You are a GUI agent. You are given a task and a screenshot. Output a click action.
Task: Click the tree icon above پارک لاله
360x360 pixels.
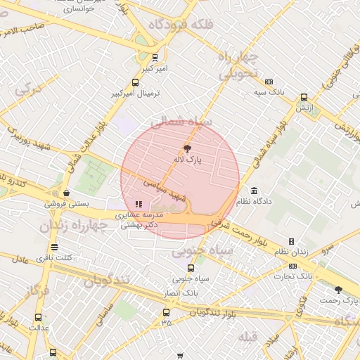pos(187,148)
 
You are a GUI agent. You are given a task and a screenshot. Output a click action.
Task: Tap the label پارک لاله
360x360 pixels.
pos(188,160)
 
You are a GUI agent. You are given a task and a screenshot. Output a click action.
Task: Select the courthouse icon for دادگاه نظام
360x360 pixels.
pos(254,191)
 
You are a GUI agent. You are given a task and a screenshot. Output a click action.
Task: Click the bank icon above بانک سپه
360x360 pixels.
pos(269,82)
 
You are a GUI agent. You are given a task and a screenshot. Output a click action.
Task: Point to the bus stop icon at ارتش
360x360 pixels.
pos(304,98)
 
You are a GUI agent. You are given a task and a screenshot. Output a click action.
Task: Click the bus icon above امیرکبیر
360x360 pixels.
pos(155,58)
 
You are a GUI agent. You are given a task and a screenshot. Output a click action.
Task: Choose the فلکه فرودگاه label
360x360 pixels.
pos(181,25)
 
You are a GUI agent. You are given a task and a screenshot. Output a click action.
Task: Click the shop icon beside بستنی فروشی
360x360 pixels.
pos(66,193)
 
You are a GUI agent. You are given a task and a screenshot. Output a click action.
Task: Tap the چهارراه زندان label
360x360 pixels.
pos(72,226)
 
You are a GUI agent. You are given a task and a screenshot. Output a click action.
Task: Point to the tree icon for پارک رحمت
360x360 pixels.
pos(338,290)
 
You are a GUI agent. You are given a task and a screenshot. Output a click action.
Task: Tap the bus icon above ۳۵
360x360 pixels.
pos(166,311)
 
